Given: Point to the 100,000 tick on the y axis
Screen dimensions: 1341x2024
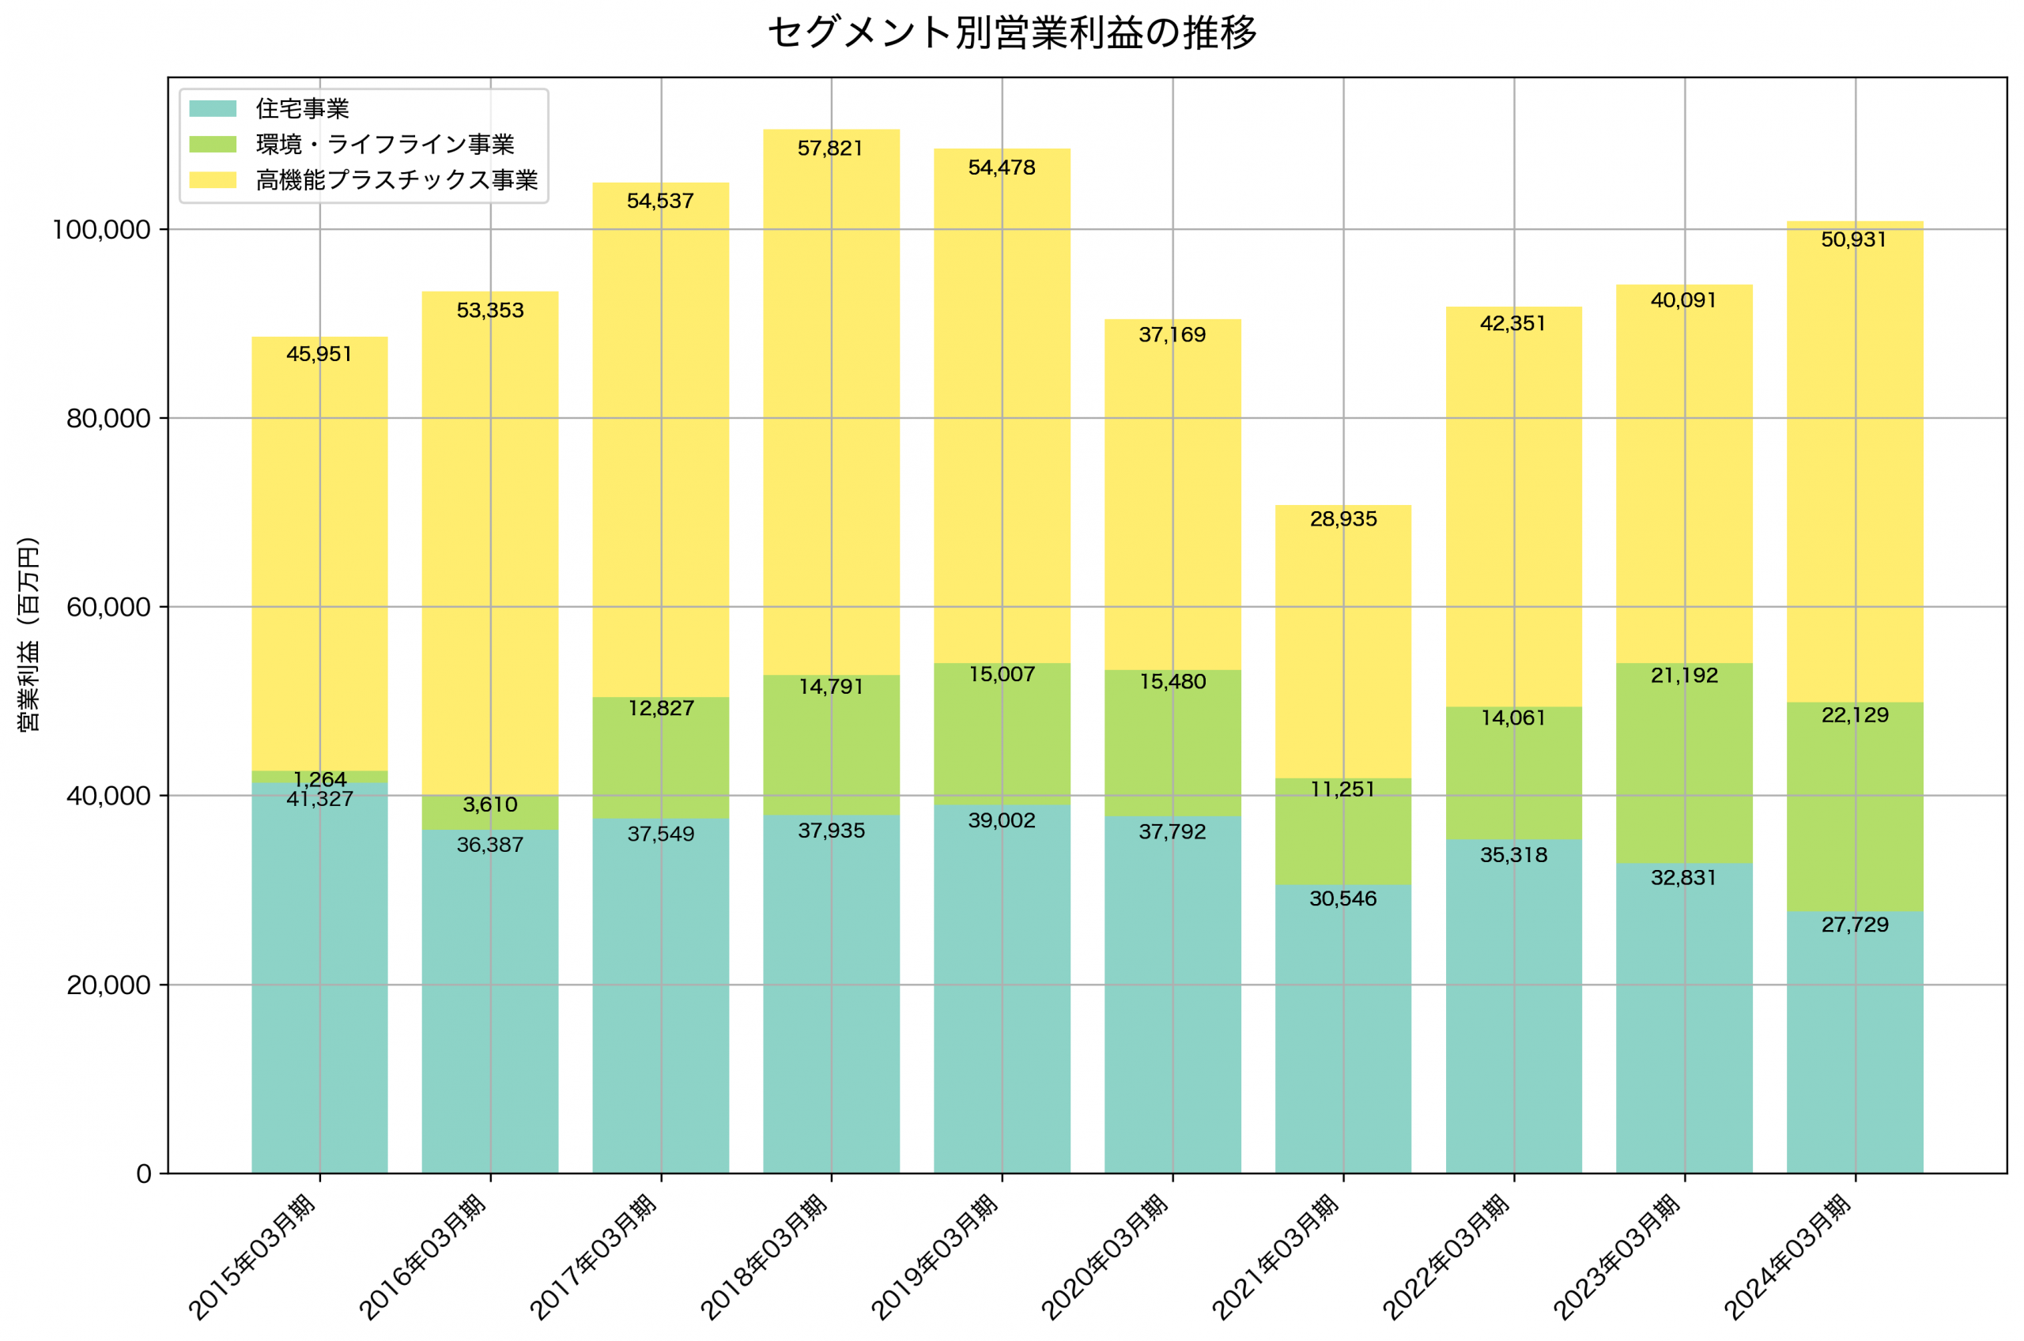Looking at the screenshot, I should pos(101,230).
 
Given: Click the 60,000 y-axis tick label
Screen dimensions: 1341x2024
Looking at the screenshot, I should pos(108,607).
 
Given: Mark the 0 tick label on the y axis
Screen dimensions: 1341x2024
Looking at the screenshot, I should pos(144,1174).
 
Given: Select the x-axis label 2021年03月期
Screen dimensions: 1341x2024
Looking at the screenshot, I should pos(1277,1257).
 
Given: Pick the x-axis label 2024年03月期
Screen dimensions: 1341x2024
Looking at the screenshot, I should pos(1788,1257).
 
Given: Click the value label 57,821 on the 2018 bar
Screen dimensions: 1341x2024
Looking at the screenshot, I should pos(830,149).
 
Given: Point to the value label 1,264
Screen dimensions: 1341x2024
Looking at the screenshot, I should pos(319,779).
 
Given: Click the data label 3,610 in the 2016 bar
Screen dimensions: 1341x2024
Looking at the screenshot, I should pos(489,804).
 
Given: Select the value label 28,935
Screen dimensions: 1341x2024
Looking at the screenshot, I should pos(1343,519).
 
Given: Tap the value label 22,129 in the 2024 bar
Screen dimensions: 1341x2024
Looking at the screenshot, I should pos(1855,715).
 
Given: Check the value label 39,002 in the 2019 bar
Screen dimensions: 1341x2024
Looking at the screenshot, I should pos(1001,821).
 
